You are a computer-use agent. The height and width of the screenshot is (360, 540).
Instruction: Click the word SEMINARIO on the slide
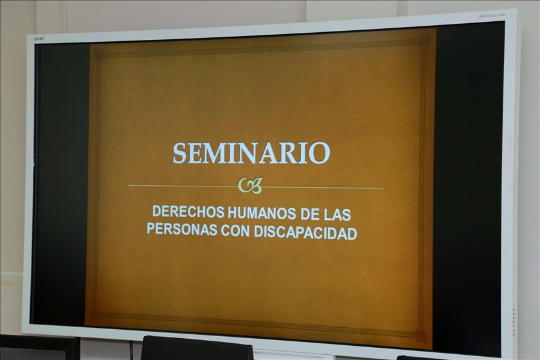(x=251, y=153)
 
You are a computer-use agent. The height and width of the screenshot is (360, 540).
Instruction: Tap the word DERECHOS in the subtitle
(x=188, y=212)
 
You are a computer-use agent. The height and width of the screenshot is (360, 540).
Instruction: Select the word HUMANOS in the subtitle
(x=262, y=213)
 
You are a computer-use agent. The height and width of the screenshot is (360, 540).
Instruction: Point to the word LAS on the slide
(x=337, y=215)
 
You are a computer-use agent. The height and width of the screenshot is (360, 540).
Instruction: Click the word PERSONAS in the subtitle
(x=182, y=229)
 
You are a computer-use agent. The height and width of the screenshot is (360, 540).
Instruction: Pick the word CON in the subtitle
(x=235, y=231)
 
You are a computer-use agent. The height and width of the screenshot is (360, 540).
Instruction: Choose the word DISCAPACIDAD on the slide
(x=305, y=233)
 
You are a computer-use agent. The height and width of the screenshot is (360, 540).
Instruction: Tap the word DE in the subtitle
(x=310, y=214)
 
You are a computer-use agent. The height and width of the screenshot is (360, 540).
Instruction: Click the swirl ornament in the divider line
(x=251, y=186)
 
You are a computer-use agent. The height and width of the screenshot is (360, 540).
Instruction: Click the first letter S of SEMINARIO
(x=180, y=153)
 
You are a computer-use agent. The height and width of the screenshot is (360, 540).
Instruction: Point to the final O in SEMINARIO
(x=319, y=154)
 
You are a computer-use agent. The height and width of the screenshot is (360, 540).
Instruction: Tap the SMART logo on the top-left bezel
(x=38, y=39)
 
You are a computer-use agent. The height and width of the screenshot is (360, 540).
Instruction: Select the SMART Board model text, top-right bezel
(x=492, y=16)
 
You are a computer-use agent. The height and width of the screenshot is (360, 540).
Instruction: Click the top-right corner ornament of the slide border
(x=424, y=40)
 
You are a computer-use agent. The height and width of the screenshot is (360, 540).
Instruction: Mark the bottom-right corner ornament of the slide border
(x=421, y=336)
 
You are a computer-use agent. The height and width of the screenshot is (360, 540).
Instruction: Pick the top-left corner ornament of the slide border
(x=98, y=55)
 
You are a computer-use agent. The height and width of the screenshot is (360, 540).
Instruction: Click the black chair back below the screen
(x=197, y=348)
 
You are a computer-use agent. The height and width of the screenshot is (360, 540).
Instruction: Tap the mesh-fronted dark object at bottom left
(x=37, y=348)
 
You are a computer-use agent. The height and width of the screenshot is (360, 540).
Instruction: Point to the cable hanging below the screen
(x=131, y=350)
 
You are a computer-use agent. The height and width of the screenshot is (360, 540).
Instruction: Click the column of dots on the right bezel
(x=513, y=322)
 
